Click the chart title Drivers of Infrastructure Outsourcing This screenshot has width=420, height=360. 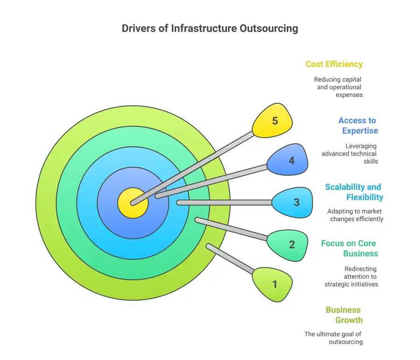coord(210,28)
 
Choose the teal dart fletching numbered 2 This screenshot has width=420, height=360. coord(289,243)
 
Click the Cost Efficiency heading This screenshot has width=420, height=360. coord(334,64)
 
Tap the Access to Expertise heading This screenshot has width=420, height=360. coord(358,126)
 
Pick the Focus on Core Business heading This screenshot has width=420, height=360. coord(349,248)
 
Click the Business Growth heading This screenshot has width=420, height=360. coord(344,315)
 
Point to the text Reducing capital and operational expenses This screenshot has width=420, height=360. coord(338,87)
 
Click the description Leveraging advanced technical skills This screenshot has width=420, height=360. coord(350,154)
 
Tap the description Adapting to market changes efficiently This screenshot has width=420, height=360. coord(355,215)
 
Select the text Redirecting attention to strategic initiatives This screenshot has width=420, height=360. coord(351,276)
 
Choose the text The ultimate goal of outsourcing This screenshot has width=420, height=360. coord(333,338)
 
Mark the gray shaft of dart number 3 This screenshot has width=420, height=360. coord(224,203)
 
